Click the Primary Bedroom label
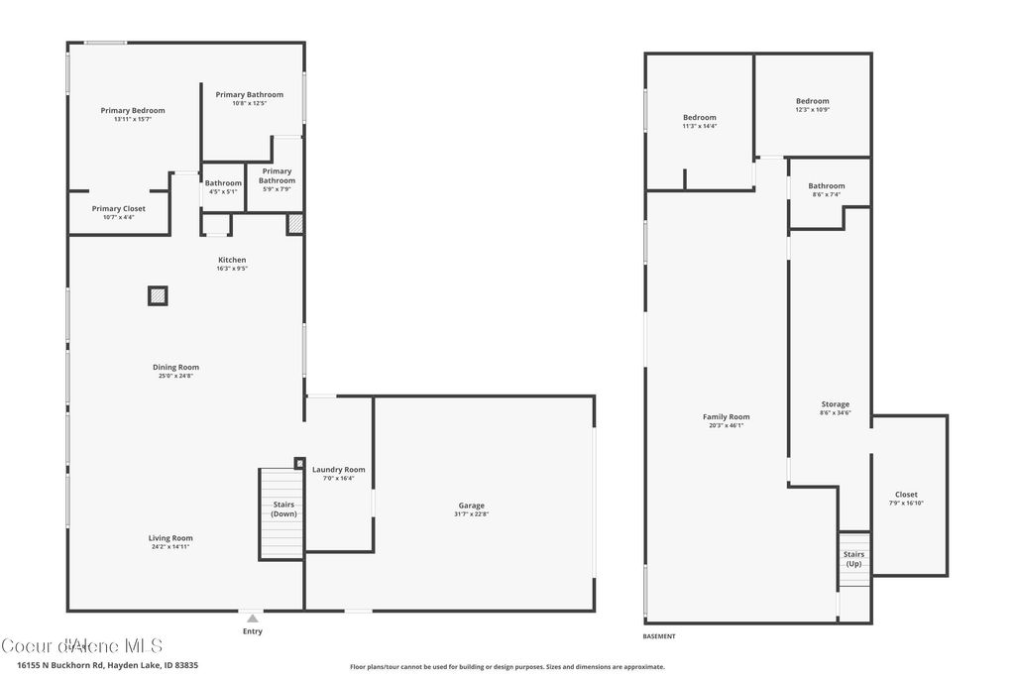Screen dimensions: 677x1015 [133, 111]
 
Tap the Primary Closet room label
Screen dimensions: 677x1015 [119, 209]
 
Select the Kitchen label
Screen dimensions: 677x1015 [232, 260]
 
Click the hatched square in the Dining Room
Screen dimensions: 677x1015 [158, 295]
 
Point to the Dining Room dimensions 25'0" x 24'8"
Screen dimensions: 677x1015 [175, 376]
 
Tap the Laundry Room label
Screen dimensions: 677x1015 [338, 470]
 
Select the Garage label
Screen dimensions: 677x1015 [471, 506]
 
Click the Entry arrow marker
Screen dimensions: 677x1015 [253, 619]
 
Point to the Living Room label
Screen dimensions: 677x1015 [171, 538]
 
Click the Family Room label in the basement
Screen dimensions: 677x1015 [726, 417]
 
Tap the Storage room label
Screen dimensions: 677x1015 [835, 404]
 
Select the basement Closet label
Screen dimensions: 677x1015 [906, 495]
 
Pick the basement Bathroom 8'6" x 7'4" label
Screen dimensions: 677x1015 [826, 186]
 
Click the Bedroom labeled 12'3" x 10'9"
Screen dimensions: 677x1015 [812, 101]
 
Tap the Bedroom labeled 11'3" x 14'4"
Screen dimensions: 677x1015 [699, 118]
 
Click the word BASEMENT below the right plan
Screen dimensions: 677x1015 [659, 636]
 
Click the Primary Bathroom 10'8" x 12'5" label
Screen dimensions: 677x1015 [250, 95]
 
